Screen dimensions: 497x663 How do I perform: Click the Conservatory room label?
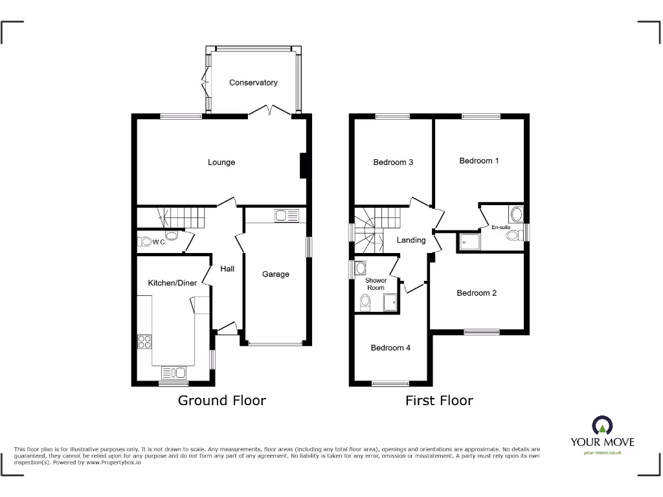click(253, 83)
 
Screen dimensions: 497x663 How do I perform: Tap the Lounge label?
click(221, 162)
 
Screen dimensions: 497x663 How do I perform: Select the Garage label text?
click(276, 274)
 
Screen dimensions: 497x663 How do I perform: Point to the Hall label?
click(227, 269)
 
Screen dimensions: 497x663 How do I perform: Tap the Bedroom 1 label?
click(479, 160)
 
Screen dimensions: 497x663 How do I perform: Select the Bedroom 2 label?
click(477, 293)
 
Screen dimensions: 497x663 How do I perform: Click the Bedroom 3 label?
click(393, 162)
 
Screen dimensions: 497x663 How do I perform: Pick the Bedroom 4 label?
click(390, 348)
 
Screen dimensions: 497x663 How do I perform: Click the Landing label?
click(411, 240)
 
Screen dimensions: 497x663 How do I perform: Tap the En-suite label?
click(501, 228)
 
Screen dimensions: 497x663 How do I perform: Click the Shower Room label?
click(376, 284)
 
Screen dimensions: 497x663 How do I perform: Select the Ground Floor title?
click(221, 401)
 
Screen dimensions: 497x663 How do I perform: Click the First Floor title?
click(439, 401)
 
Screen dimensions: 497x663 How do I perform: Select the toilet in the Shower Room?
click(365, 301)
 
